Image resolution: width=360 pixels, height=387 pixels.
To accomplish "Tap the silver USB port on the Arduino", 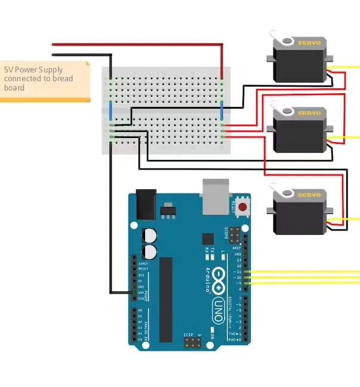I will pyautogui.click(x=216, y=196).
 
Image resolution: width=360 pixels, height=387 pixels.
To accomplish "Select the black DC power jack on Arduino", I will pyautogui.click(x=146, y=204).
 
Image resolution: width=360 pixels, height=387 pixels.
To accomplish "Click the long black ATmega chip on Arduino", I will pyautogui.click(x=165, y=292).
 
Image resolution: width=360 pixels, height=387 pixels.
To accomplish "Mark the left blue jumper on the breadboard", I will pyautogui.click(x=110, y=110).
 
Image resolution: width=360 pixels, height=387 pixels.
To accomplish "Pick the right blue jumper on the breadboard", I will pyautogui.click(x=222, y=110).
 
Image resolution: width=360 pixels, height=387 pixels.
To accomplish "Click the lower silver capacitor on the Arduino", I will pyautogui.click(x=150, y=251).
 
